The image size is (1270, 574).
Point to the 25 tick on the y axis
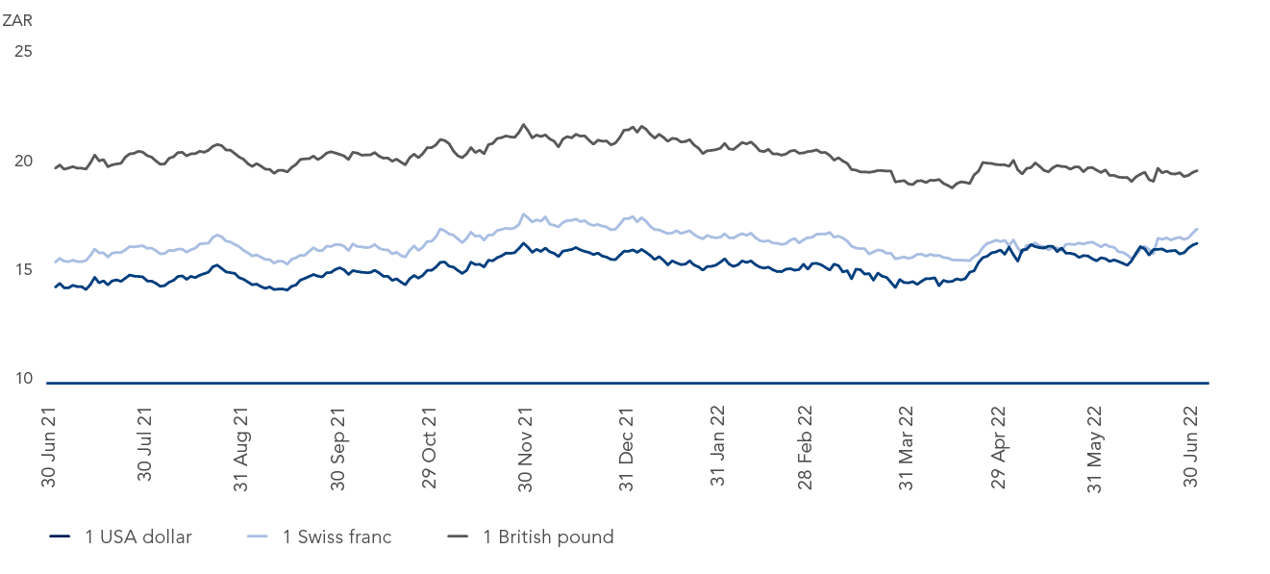coord(23,51)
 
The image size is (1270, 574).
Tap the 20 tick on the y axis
coord(23,161)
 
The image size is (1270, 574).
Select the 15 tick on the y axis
coord(23,269)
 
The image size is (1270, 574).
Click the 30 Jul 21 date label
coord(145,447)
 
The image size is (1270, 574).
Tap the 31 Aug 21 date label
coord(241,447)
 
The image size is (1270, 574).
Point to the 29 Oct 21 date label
coord(430,447)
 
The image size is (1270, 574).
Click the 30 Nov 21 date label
coord(525,447)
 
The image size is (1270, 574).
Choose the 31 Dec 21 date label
coord(626,447)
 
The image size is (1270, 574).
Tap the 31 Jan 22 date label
coord(717,447)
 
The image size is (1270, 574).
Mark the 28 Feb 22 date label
coord(806,447)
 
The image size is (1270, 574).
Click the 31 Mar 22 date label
coord(905,447)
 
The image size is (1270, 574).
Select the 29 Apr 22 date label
coord(999,447)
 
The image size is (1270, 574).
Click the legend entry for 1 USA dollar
coord(120,537)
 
